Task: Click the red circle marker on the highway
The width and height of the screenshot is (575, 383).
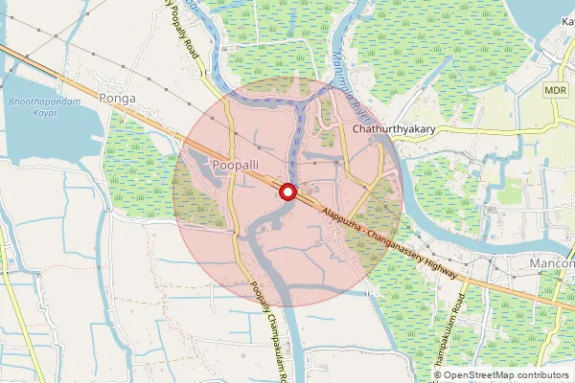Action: pos(287,192)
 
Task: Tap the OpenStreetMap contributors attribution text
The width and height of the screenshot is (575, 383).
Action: pos(506,375)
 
